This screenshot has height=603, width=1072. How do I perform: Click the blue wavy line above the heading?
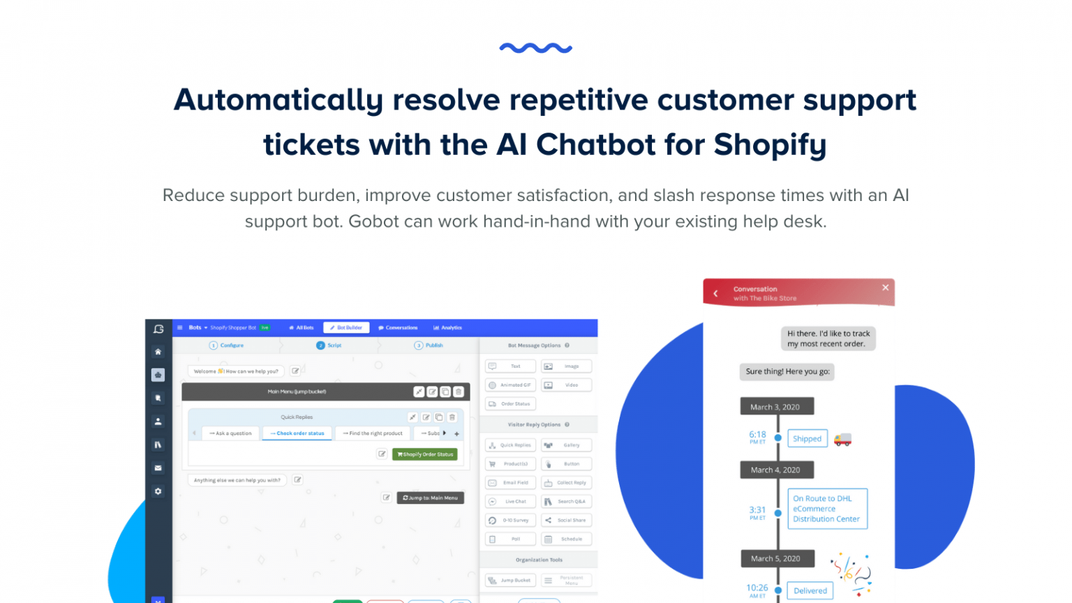pyautogui.click(x=536, y=48)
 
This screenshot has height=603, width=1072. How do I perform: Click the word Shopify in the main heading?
pyautogui.click(x=770, y=145)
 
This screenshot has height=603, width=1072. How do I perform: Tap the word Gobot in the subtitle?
pyautogui.click(x=373, y=222)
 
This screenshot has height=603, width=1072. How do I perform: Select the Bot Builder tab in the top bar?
pyautogui.click(x=346, y=327)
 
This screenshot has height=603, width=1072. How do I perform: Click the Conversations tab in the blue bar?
pyautogui.click(x=398, y=327)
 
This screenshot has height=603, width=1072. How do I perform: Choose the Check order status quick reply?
pyautogui.click(x=297, y=433)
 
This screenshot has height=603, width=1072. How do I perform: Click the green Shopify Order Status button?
pyautogui.click(x=425, y=454)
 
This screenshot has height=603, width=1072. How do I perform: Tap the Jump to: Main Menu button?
pyautogui.click(x=430, y=498)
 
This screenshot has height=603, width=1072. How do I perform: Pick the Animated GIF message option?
pyautogui.click(x=510, y=385)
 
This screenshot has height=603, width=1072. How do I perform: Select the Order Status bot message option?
pyautogui.click(x=510, y=404)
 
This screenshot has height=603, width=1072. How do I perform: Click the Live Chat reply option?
pyautogui.click(x=510, y=502)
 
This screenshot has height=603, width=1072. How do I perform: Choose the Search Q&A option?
pyautogui.click(x=566, y=502)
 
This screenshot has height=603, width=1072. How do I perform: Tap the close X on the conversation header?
pyautogui.click(x=885, y=288)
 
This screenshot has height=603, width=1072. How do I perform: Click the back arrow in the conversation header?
pyautogui.click(x=715, y=294)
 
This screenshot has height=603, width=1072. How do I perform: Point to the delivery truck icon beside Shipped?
pyautogui.click(x=842, y=440)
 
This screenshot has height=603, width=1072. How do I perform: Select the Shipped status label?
pyautogui.click(x=807, y=439)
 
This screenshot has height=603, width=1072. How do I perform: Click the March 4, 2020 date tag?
pyautogui.click(x=775, y=470)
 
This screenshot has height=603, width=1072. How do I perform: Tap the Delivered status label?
pyautogui.click(x=810, y=591)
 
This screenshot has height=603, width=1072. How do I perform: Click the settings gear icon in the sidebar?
pyautogui.click(x=158, y=491)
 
